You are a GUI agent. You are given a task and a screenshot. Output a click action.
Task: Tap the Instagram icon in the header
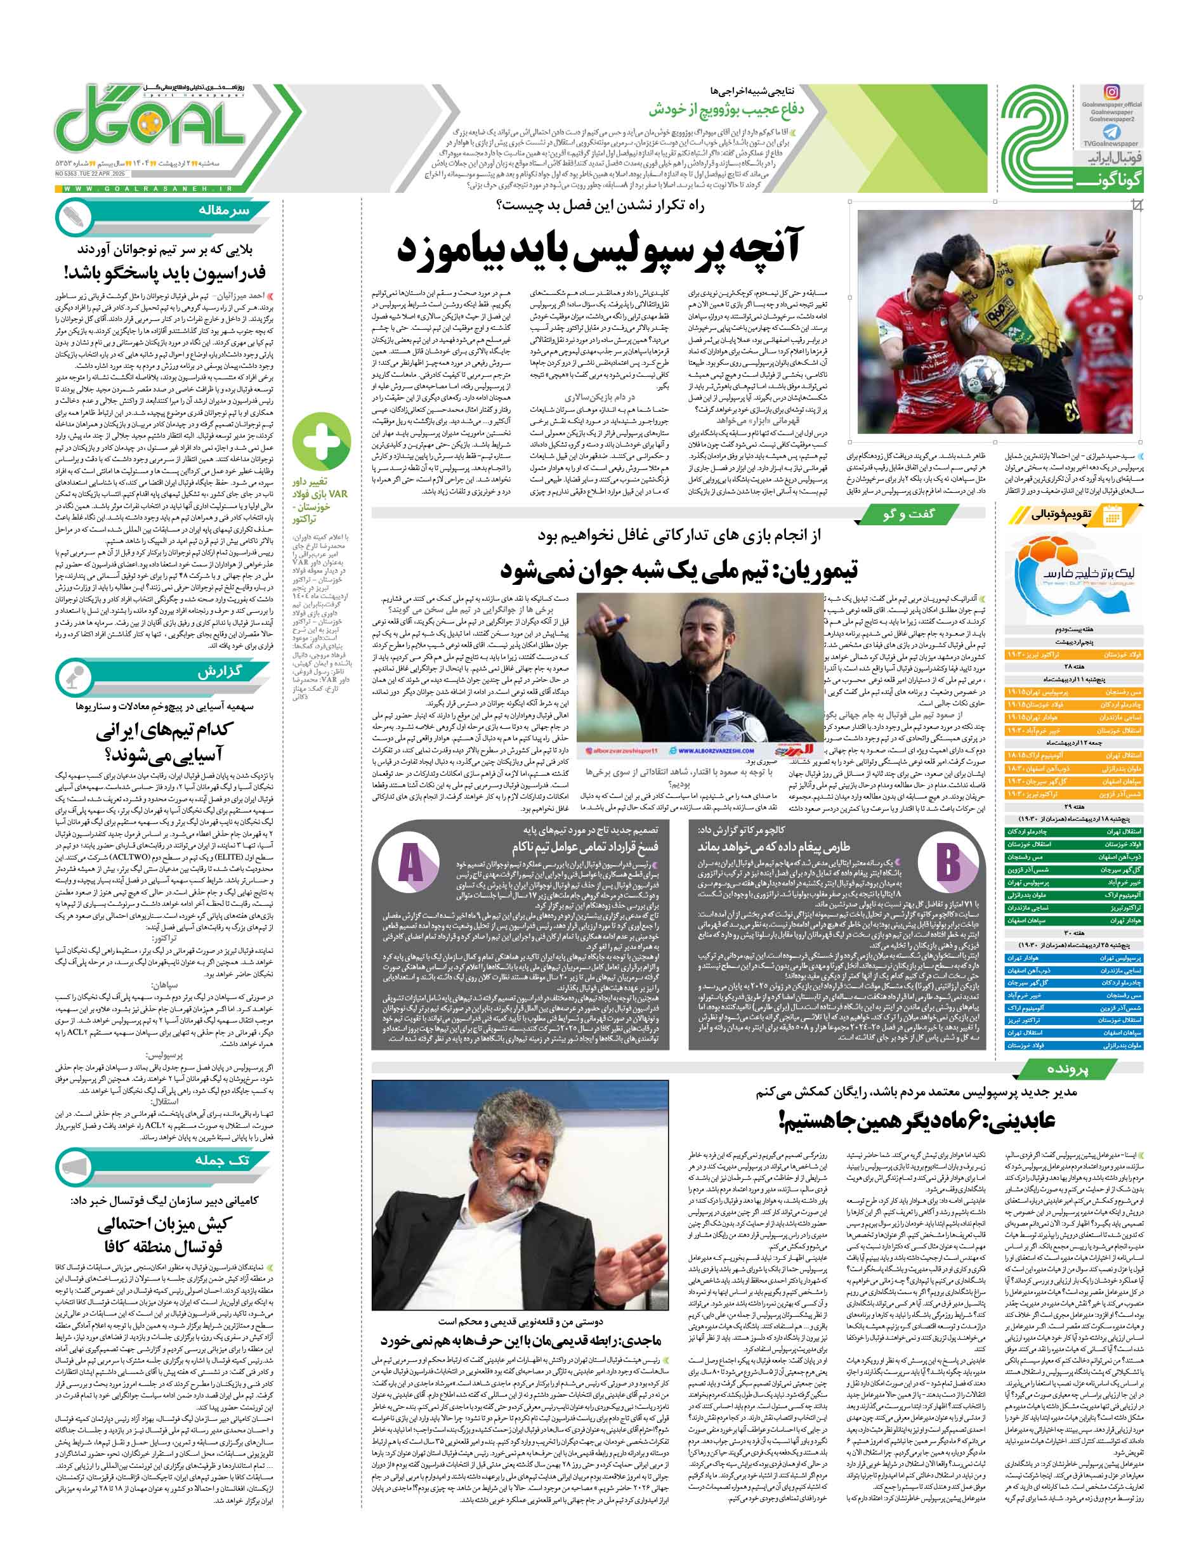pyautogui.click(x=1111, y=92)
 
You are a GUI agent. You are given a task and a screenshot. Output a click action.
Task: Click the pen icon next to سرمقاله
pyautogui.click(x=74, y=217)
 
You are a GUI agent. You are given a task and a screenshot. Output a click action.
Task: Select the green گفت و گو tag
pyautogui.click(x=908, y=514)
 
